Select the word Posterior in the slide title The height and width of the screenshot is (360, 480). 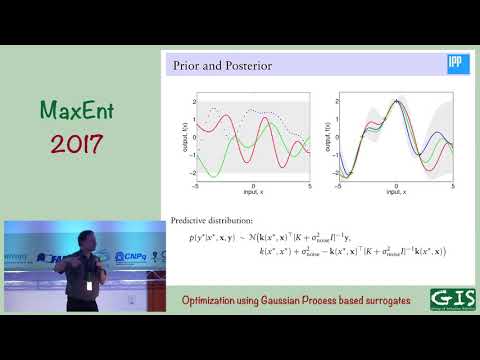(x=244, y=68)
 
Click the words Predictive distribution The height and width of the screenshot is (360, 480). (x=205, y=220)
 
